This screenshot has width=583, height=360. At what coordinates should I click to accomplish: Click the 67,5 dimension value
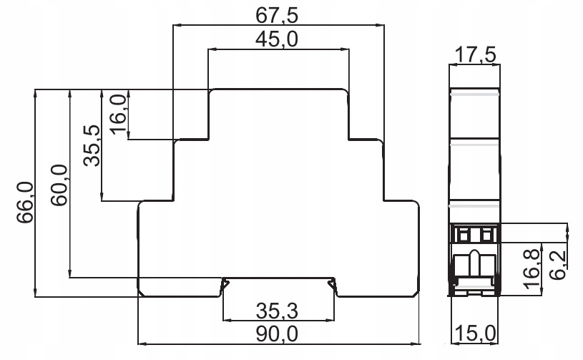[x=277, y=15]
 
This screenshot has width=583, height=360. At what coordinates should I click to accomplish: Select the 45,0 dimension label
[x=277, y=39]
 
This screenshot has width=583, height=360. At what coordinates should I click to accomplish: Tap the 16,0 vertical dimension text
[x=119, y=114]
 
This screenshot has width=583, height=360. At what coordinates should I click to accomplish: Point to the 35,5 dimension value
[x=92, y=145]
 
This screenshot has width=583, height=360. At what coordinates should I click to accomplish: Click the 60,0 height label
[x=59, y=185]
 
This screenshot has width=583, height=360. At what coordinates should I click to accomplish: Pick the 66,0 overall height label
[x=25, y=203]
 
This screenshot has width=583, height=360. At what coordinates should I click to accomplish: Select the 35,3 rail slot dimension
[x=277, y=311]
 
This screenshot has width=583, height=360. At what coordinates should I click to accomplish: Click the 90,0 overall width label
[x=277, y=334]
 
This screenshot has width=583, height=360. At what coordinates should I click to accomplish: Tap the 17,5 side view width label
[x=475, y=55]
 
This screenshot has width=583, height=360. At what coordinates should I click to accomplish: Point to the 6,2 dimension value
[x=558, y=265]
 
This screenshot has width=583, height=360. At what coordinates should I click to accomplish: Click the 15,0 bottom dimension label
[x=475, y=334]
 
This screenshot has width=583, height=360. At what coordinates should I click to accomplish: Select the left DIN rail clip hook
[x=225, y=286]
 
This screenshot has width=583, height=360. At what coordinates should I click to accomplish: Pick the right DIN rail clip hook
[x=332, y=286]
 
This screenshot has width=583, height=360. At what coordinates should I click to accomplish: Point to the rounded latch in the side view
[x=474, y=263]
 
